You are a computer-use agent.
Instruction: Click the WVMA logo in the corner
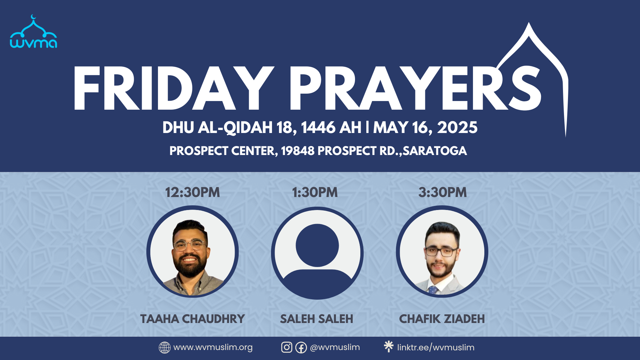[33, 32]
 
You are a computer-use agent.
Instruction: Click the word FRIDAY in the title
[173, 88]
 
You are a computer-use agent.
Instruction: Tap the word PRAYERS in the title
[415, 88]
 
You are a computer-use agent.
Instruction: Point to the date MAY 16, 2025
[425, 128]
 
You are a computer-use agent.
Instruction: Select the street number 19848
[298, 151]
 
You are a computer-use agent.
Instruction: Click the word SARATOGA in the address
[435, 151]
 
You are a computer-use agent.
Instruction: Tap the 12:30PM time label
[193, 192]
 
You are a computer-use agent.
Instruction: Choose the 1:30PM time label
[315, 192]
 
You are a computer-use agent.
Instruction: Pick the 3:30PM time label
[443, 192]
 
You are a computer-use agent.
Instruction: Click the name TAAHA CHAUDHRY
[193, 319]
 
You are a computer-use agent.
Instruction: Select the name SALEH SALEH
[317, 319]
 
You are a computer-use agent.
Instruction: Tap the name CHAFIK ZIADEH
[442, 319]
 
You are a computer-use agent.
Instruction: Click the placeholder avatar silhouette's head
[317, 245]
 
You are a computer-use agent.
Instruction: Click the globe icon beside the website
[165, 347]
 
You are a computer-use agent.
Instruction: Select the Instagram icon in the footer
[287, 347]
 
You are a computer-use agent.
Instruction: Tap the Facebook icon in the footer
[301, 348]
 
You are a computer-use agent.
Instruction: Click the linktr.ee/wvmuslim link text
[436, 348]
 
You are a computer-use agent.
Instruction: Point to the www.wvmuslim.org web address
[213, 347]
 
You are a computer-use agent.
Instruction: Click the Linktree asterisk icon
[389, 346]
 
